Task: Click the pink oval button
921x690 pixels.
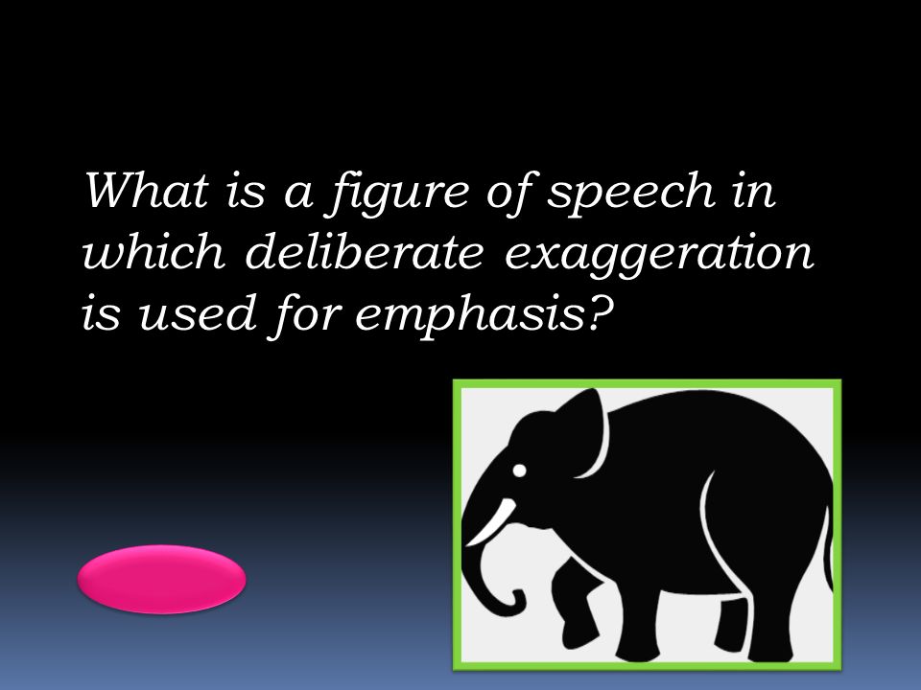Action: coord(161,579)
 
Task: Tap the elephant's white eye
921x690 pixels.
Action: coord(519,471)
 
